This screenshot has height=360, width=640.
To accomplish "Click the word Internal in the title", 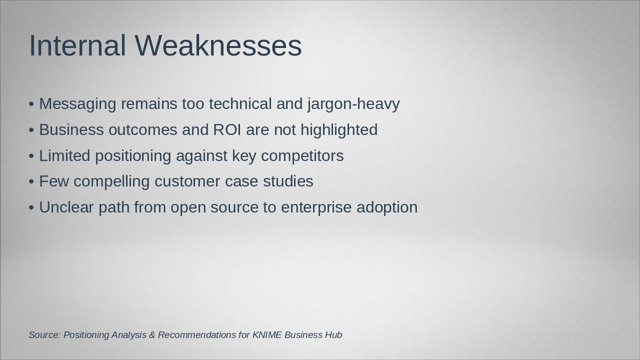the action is click(77, 45).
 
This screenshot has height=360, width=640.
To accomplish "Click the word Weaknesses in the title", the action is click(218, 45).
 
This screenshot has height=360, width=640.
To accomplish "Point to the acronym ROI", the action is click(227, 129).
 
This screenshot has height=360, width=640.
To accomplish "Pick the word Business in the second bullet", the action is click(71, 129).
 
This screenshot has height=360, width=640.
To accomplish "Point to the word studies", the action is click(288, 181).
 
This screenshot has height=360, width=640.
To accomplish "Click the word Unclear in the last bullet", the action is click(66, 207).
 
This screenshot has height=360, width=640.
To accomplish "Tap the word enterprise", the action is click(316, 208).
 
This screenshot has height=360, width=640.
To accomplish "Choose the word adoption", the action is click(387, 208).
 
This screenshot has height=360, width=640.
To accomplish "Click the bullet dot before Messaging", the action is click(31, 104).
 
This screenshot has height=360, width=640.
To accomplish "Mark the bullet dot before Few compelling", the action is click(31, 181).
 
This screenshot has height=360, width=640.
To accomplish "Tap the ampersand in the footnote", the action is click(152, 335).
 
